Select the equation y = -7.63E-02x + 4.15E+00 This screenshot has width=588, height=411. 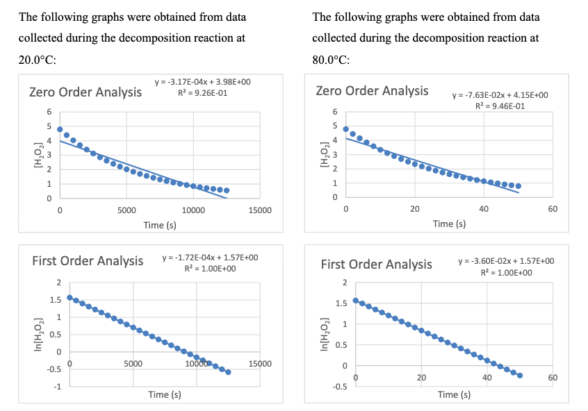[x=500, y=94]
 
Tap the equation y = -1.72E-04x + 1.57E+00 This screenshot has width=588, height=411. [x=210, y=258]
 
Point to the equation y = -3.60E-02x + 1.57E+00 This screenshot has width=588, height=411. [x=506, y=260]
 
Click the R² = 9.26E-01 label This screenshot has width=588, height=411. [x=202, y=92]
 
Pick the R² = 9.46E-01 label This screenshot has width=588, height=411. [x=500, y=106]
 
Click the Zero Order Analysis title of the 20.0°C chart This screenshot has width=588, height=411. [x=85, y=92]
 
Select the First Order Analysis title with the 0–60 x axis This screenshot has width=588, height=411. [x=376, y=264]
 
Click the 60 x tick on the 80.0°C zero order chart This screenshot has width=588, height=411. [x=553, y=209]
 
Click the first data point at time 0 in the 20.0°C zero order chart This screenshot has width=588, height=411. [x=60, y=129]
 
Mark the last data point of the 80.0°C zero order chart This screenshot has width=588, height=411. [x=518, y=186]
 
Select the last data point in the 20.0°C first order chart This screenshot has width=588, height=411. [x=228, y=372]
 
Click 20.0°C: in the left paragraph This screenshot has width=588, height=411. [x=38, y=60]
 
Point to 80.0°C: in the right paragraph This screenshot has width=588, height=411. [x=331, y=60]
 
